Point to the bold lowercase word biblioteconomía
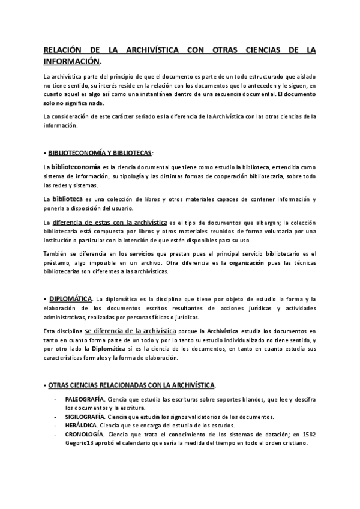76,166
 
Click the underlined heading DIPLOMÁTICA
71,298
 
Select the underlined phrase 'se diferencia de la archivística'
130,331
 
